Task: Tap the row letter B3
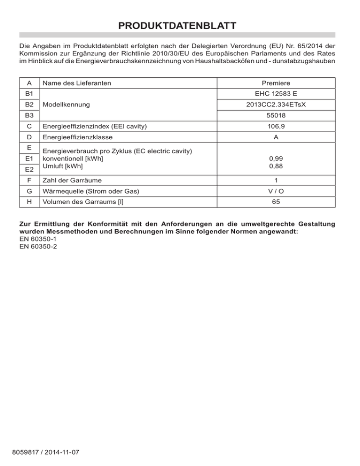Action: tap(29, 116)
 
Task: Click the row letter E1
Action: tap(29, 159)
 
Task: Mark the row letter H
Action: tap(29, 202)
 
